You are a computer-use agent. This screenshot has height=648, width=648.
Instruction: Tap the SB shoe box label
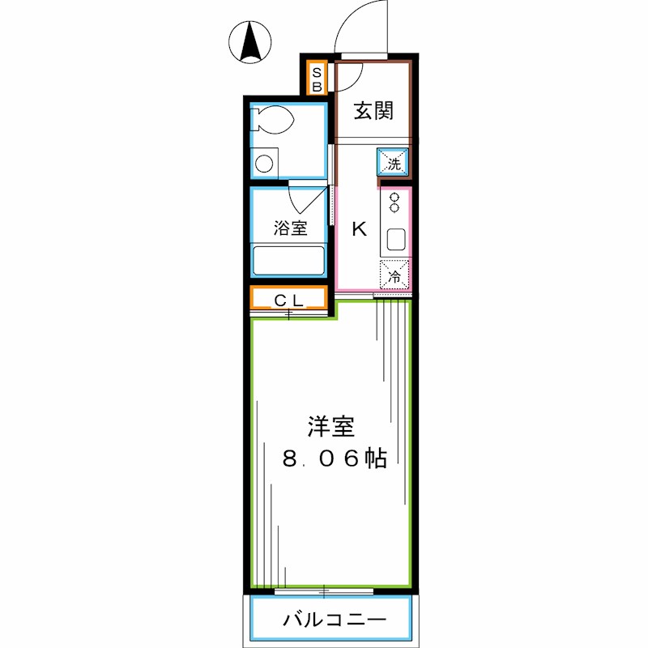(318, 78)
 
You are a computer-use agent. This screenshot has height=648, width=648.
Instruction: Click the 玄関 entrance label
(373, 111)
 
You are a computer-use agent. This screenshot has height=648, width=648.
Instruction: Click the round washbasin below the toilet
(264, 164)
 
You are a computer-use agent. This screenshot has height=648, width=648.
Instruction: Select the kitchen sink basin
(396, 240)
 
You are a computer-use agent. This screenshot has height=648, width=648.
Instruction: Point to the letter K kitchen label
(358, 229)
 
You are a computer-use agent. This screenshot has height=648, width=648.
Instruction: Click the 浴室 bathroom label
(289, 228)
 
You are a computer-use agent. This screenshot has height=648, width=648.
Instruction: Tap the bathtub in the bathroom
(289, 261)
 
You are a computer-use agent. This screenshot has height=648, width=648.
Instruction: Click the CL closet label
(288, 300)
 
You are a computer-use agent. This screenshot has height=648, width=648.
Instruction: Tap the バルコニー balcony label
(334, 621)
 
